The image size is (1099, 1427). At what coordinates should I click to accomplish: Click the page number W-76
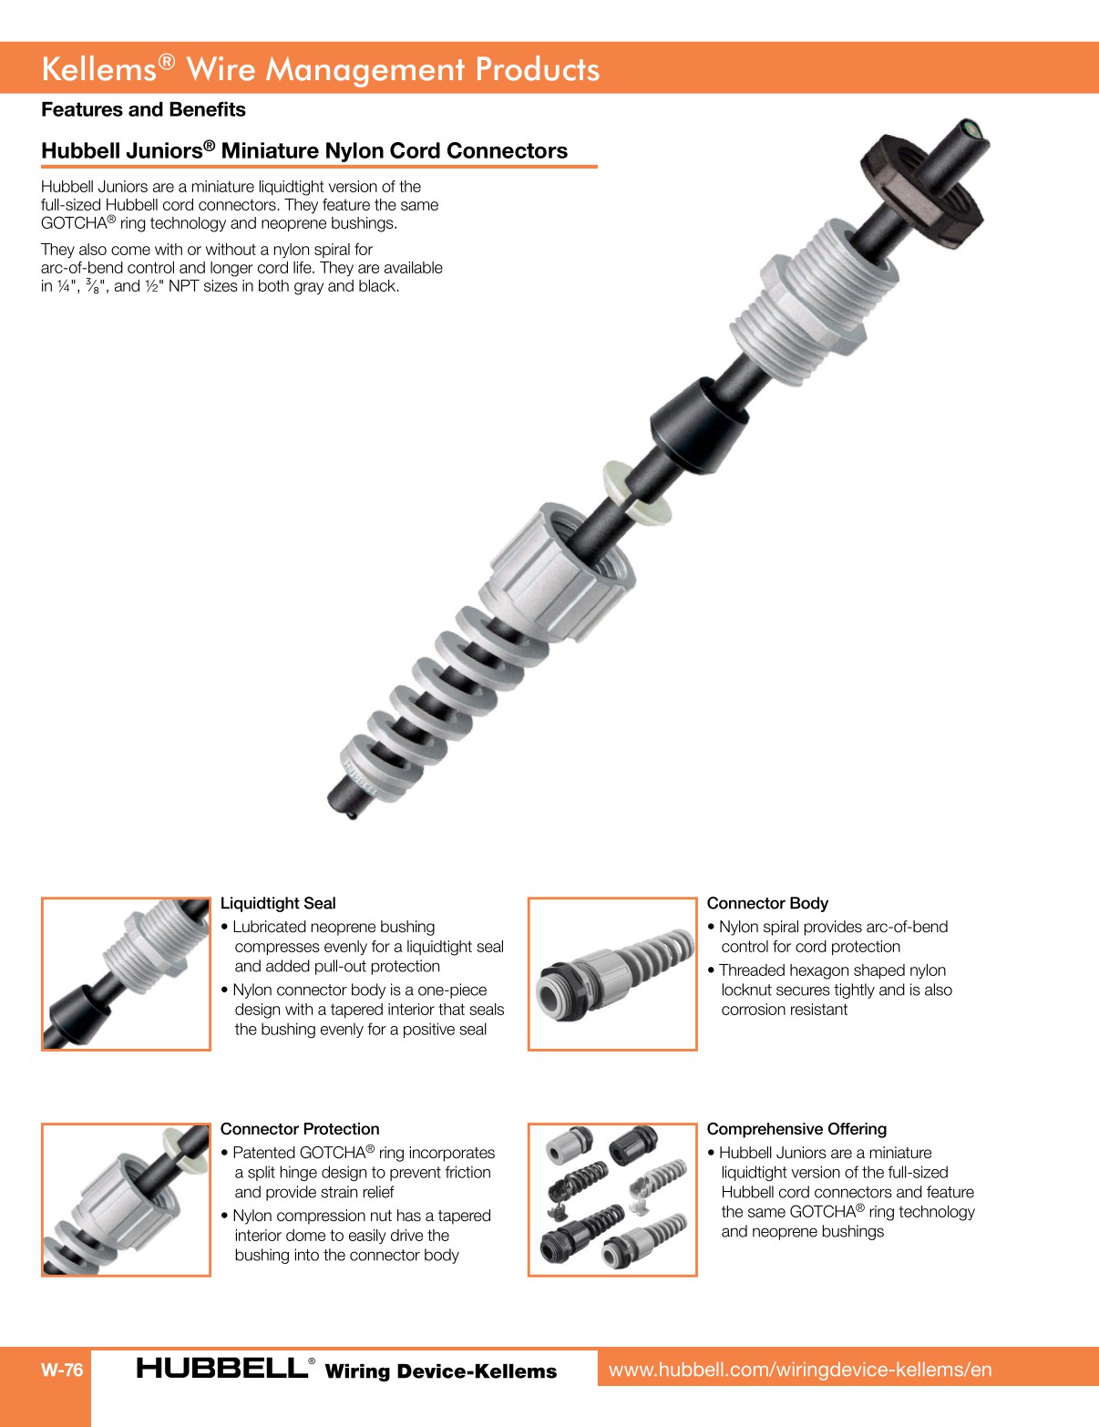[62, 1370]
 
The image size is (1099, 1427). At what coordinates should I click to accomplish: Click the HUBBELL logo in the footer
[223, 1368]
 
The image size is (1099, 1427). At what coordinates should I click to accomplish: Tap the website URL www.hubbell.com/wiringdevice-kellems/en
[800, 1370]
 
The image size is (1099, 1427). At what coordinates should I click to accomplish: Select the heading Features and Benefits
[143, 109]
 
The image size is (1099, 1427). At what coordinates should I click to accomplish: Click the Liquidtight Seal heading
[278, 903]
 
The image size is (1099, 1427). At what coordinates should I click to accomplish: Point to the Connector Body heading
[767, 903]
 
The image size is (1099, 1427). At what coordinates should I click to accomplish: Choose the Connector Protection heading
[300, 1129]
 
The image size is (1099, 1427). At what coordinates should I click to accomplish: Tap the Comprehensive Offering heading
[796, 1129]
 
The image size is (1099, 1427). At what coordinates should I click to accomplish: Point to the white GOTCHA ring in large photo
[636, 492]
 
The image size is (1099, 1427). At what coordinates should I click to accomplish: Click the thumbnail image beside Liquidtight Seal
[126, 973]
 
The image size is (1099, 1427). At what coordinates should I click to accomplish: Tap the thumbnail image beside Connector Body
[612, 973]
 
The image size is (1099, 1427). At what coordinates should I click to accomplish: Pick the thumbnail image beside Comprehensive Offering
[612, 1199]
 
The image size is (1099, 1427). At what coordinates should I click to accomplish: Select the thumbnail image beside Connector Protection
[126, 1199]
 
